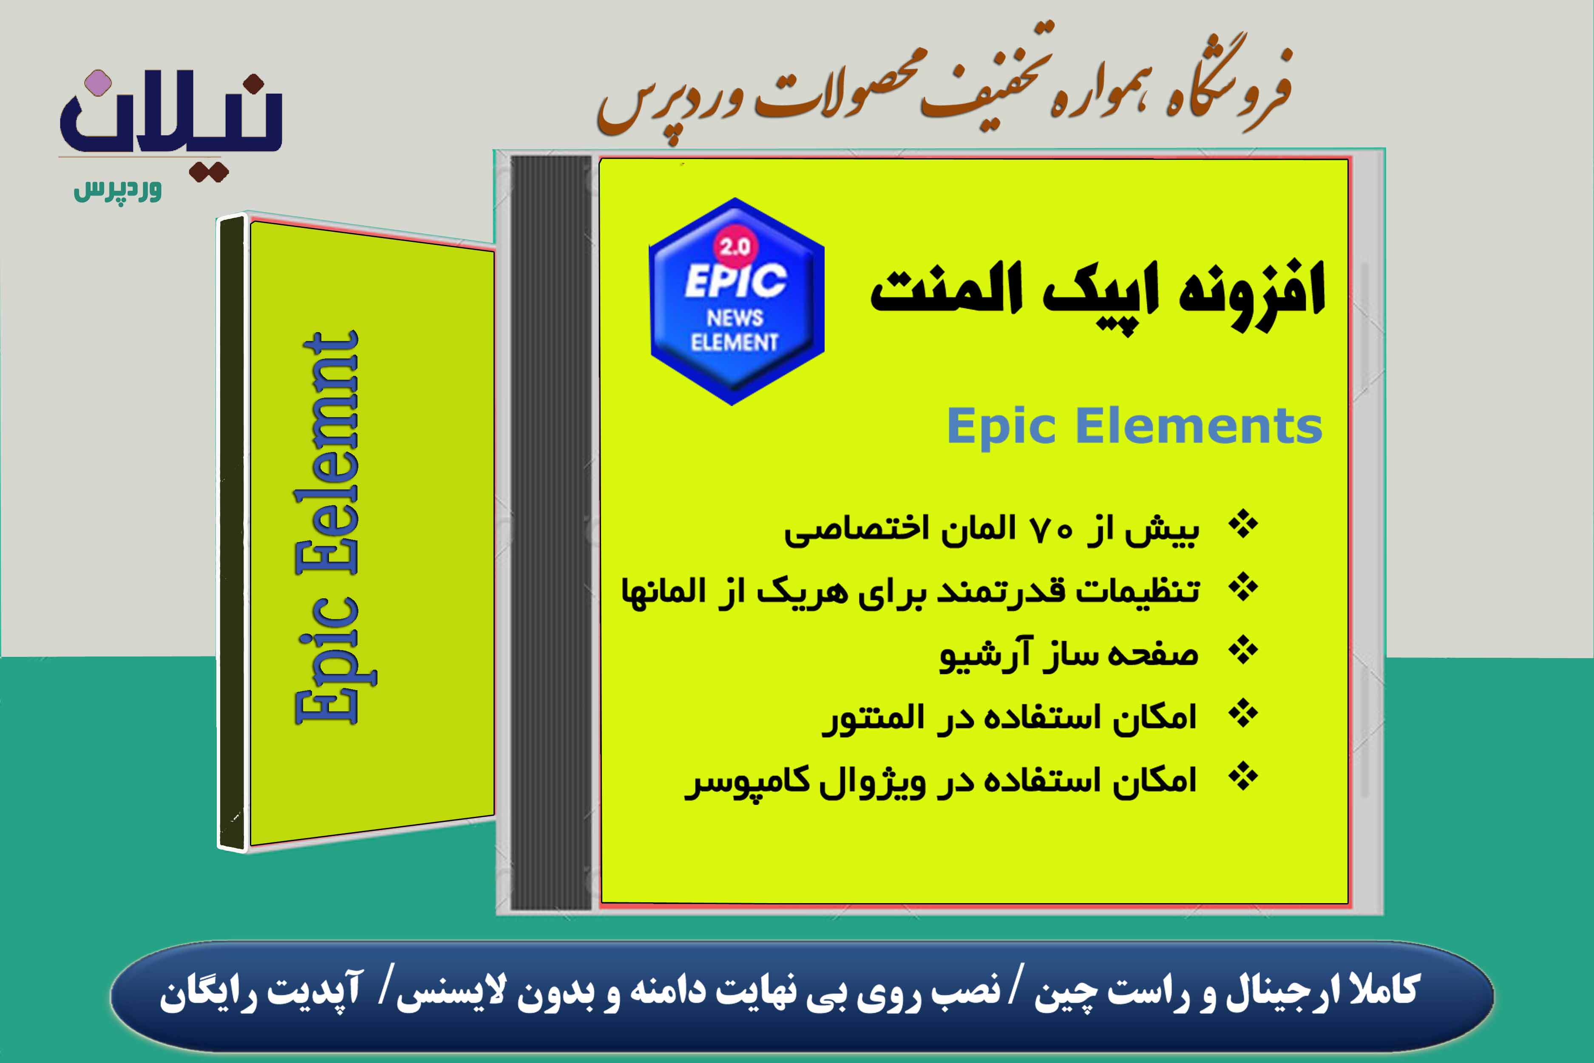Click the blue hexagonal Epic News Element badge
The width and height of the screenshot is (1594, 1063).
point(737,302)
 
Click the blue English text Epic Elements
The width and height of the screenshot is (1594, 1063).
point(1134,426)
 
